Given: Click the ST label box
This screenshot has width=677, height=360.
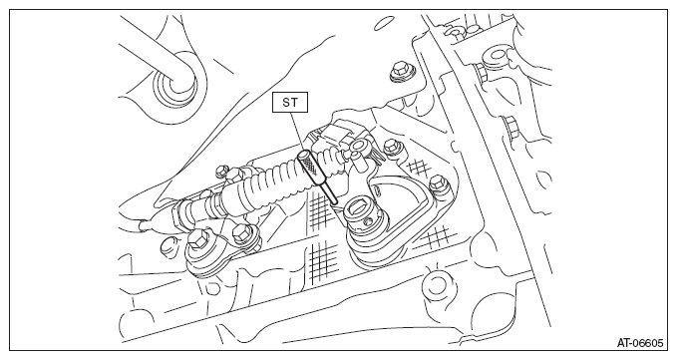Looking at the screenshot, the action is (x=290, y=103).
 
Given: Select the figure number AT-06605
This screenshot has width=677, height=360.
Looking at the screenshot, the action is (x=639, y=343).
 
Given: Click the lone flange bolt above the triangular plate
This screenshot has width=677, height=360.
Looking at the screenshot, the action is (x=400, y=71).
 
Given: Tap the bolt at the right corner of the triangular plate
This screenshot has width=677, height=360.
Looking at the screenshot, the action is (x=438, y=183).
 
